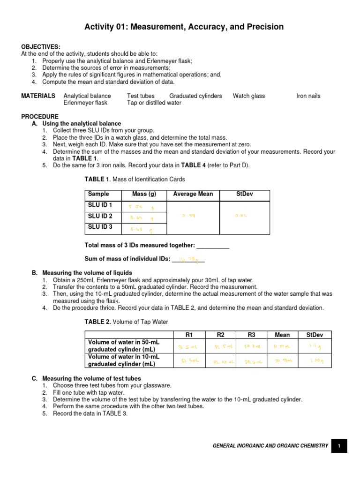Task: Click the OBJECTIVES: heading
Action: (41, 47)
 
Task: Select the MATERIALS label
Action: (38, 96)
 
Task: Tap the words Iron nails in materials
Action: (308, 96)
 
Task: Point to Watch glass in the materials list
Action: (249, 96)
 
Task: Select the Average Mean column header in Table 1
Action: (193, 194)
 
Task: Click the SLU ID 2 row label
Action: (100, 216)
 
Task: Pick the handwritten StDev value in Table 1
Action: (241, 216)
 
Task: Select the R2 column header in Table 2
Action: (221, 335)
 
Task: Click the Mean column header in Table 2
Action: (282, 335)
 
